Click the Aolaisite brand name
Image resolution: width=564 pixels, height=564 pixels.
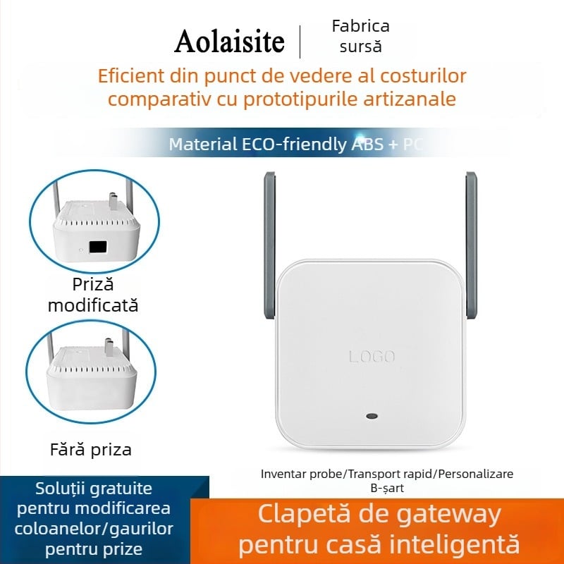click(x=229, y=42)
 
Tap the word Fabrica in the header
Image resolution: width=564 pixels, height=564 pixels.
click(x=360, y=27)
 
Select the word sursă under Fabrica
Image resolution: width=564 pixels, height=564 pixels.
click(x=360, y=47)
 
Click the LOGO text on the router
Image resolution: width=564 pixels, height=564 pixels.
click(x=372, y=357)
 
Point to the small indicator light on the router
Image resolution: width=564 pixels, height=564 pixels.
click(x=372, y=415)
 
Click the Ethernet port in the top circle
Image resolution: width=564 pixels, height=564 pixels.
click(x=98, y=247)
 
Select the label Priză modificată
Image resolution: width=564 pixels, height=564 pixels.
click(x=92, y=295)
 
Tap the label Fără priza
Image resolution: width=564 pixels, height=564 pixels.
click(x=91, y=449)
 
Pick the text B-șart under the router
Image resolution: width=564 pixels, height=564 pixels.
click(x=386, y=487)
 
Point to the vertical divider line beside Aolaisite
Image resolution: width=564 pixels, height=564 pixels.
click(x=301, y=42)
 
